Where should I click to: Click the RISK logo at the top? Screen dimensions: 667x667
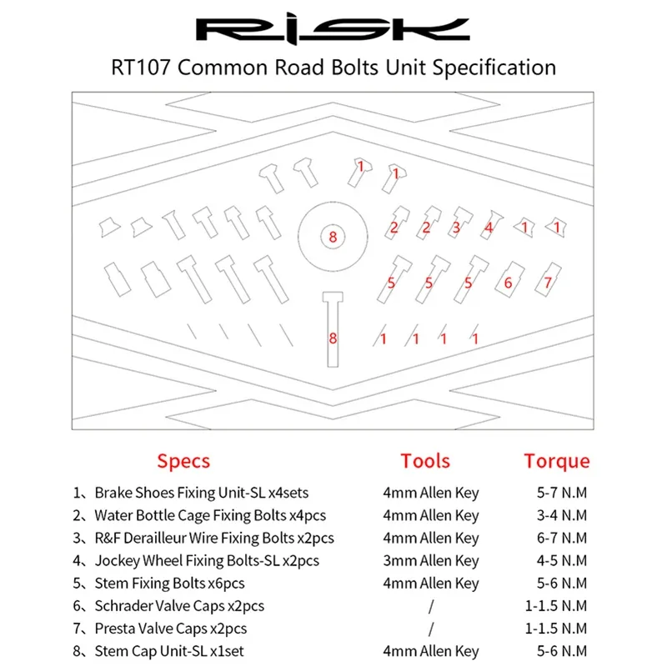pos(333,31)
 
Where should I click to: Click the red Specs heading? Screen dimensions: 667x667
pos(183,461)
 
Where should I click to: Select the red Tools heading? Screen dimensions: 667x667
pos(425,461)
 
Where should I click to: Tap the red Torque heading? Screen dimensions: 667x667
pos(556,461)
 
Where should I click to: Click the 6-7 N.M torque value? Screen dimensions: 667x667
pos(563,538)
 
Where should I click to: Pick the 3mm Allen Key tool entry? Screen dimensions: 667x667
pos(431,560)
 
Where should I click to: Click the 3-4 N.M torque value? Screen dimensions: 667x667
pos(563,515)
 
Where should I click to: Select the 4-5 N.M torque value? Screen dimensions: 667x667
pos(563,560)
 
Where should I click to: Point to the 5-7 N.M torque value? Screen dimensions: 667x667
pos(563,493)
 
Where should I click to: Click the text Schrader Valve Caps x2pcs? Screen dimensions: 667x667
pos(178,605)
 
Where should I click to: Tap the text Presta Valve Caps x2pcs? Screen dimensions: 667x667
pos(170,628)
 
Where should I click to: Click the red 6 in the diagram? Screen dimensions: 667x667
pos(508,283)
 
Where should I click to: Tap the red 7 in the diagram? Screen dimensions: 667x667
pos(548,283)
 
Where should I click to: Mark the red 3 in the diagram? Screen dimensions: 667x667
pos(457,227)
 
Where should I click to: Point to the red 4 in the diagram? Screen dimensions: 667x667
pos(489,227)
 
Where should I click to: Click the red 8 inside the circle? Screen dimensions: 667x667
pos(332,238)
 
